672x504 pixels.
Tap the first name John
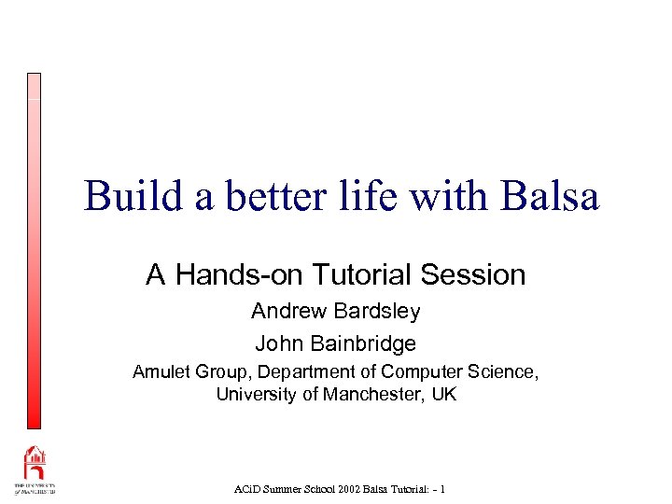277,343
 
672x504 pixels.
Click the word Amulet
161,371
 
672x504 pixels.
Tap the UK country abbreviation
444,394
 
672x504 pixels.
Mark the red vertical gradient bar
34,252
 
